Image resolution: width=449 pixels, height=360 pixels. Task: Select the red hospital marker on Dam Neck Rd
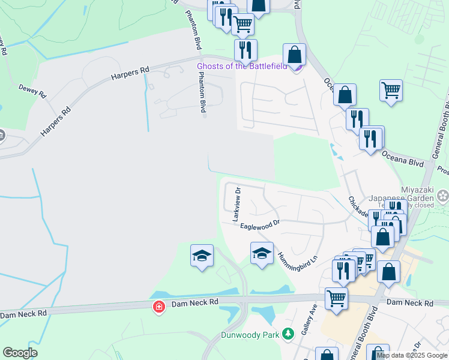pyautogui.click(x=158, y=307)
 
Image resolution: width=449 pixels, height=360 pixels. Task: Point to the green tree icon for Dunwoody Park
pyautogui.click(x=288, y=333)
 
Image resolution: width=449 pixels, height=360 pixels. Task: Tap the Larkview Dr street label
pyautogui.click(x=237, y=205)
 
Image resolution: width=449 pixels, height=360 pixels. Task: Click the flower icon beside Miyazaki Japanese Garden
pyautogui.click(x=443, y=195)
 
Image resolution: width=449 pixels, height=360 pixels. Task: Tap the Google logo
pyautogui.click(x=20, y=353)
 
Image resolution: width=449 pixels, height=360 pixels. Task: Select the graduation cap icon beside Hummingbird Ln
pyautogui.click(x=262, y=254)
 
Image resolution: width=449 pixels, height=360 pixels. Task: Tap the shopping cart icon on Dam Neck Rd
pyautogui.click(x=336, y=298)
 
